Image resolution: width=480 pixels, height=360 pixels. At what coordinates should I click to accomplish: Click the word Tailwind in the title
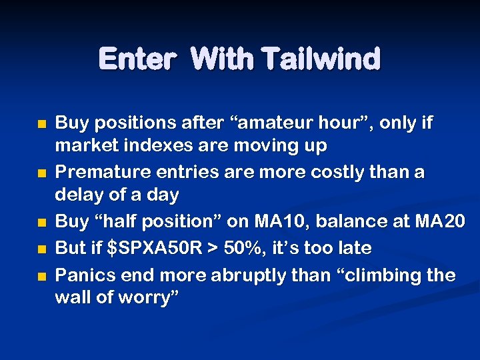321,59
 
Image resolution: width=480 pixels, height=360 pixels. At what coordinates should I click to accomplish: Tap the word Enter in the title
137,59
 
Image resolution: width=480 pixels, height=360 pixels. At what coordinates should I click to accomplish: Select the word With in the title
223,59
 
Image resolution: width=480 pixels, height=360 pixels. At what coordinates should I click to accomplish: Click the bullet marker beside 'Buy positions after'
42,124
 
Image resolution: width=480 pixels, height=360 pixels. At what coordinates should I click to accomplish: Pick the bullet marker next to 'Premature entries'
42,173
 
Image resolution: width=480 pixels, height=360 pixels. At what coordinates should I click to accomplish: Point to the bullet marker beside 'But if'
42,249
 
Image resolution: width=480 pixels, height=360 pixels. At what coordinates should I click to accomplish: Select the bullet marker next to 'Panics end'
42,276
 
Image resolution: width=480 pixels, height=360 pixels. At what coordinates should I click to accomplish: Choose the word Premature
97,172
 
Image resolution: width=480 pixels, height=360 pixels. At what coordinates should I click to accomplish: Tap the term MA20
439,221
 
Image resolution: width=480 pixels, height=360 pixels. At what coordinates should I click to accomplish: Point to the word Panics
81,275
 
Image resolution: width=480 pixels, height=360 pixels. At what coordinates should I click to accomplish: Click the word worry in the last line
151,297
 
